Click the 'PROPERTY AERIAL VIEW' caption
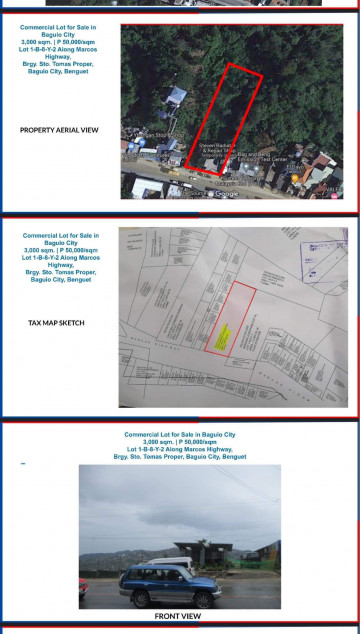tap(58, 130)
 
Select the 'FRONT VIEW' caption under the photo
tap(178, 617)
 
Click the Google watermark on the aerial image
tap(225, 194)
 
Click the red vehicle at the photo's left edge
tap(83, 590)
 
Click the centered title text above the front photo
tap(180, 445)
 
